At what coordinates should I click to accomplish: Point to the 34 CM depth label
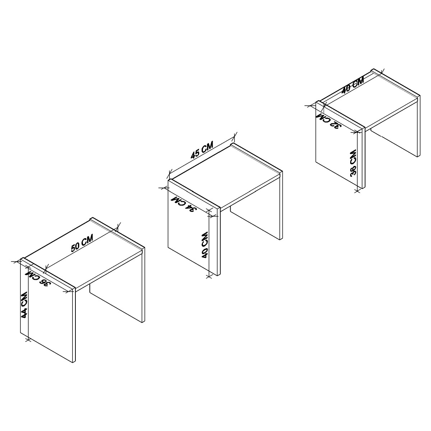tap(184, 204)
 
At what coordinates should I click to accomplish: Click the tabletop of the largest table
tap(83, 255)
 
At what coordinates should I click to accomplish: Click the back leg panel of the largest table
tap(116, 303)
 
